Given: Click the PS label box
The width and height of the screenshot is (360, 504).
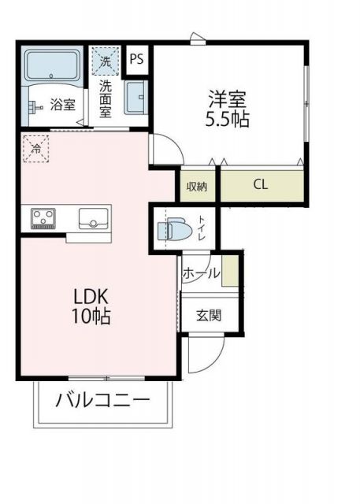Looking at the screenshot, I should [x=137, y=58].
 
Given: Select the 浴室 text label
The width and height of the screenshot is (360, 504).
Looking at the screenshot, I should [x=62, y=104].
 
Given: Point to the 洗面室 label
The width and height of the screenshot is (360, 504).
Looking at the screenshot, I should [x=105, y=98].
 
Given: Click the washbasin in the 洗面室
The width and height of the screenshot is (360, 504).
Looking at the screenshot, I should [x=135, y=98].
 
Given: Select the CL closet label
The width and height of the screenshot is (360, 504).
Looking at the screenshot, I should [x=260, y=186].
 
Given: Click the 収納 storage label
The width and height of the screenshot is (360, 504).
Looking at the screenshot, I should [x=197, y=187].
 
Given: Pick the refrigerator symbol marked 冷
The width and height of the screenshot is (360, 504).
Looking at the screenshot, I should [x=35, y=147].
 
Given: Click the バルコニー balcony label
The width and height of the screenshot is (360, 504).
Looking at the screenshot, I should [x=102, y=400].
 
